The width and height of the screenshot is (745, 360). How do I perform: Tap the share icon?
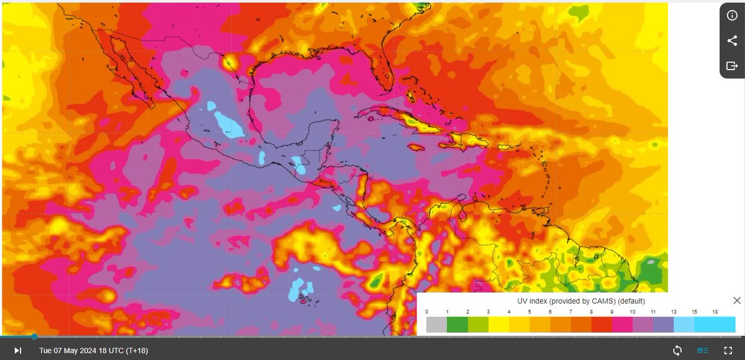point(732,41)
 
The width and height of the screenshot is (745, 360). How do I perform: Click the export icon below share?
point(732,66)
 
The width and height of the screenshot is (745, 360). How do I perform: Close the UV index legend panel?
point(737,301)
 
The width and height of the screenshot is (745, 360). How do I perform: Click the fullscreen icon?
point(728,351)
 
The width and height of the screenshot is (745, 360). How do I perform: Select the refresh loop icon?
point(677,351)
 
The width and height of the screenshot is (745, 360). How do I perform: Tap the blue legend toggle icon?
point(703,351)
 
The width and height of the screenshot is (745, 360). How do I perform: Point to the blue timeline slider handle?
point(34,336)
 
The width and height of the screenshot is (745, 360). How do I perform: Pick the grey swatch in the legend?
point(436,325)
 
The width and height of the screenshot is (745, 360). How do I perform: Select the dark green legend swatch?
point(457,325)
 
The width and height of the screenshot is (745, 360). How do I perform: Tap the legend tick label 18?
point(715,312)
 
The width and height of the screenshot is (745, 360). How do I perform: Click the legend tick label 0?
point(427,312)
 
